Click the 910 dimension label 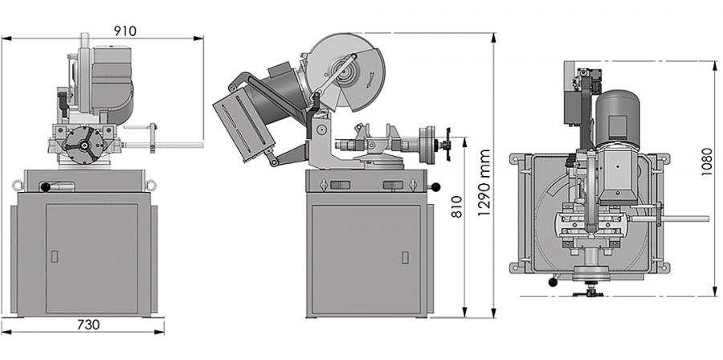click(x=125, y=31)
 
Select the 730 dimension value click(x=88, y=325)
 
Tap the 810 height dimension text click(x=456, y=207)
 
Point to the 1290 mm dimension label click(x=484, y=182)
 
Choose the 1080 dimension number click(x=706, y=162)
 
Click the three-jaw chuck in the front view click(x=84, y=145)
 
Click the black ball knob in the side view click(x=435, y=187)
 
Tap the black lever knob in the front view click(x=46, y=187)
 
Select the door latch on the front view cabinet click(x=55, y=256)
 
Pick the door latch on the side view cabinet click(x=405, y=257)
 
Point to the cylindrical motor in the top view click(x=618, y=119)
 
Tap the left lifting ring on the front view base click(x=18, y=186)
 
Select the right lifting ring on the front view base click(x=151, y=186)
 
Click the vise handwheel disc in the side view click(x=427, y=145)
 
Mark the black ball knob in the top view click(x=553, y=282)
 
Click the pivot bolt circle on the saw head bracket click(x=321, y=130)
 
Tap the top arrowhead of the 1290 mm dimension click(x=494, y=38)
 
